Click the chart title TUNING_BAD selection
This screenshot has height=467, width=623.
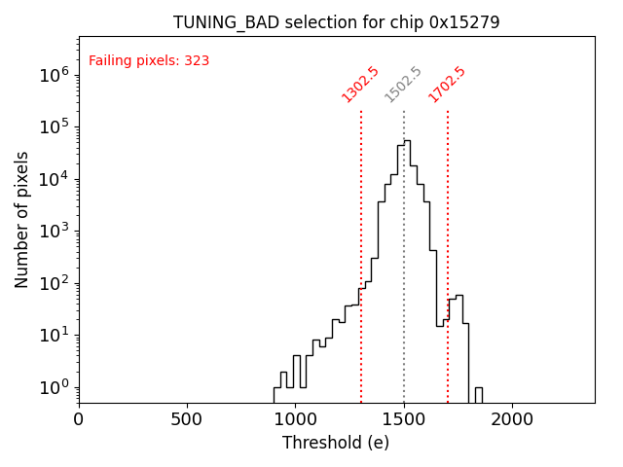tap(336, 22)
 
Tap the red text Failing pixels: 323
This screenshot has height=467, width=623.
tap(149, 61)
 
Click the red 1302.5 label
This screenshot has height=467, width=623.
tap(359, 84)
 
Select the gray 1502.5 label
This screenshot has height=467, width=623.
tap(402, 84)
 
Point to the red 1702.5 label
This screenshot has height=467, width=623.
tap(447, 84)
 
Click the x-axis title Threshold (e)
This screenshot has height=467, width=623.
tap(336, 443)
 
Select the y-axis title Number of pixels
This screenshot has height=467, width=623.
tap(21, 219)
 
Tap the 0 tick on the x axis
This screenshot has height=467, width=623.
tap(79, 420)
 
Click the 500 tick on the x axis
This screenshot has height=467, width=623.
tap(187, 420)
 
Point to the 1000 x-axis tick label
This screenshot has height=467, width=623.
tap(296, 420)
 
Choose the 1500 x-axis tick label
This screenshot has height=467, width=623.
tap(404, 420)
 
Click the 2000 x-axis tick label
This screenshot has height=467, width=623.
tap(512, 420)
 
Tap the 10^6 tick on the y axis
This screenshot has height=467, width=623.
tap(51, 75)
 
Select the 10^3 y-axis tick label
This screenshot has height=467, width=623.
tap(51, 232)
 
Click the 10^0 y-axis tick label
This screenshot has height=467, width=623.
tap(51, 388)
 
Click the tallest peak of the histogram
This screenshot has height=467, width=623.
tap(406, 141)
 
